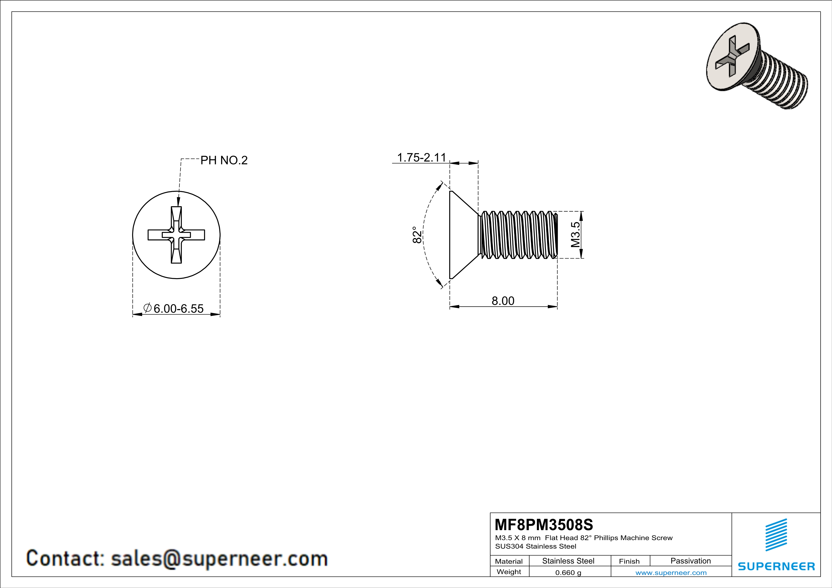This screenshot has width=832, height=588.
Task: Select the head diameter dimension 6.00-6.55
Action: click(x=178, y=308)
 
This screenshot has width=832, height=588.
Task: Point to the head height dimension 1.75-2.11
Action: click(x=421, y=157)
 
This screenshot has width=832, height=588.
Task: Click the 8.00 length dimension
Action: click(x=503, y=301)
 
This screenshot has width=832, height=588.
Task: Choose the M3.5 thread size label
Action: click(x=576, y=235)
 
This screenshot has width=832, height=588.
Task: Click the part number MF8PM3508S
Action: click(x=544, y=524)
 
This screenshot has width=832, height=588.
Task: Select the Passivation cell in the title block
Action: click(x=690, y=561)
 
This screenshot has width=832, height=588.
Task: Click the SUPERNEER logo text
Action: click(x=776, y=566)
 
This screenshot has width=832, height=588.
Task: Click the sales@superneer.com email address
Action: click(x=219, y=558)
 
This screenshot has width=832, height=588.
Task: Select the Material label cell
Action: click(x=509, y=561)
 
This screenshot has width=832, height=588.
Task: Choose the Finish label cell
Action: click(x=629, y=561)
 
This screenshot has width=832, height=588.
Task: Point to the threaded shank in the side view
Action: click(x=518, y=235)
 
